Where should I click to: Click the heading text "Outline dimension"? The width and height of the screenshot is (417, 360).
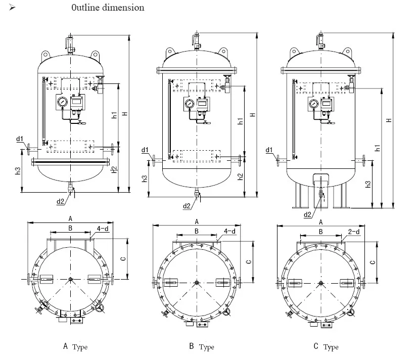(108, 8)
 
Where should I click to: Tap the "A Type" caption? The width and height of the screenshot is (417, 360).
(75, 347)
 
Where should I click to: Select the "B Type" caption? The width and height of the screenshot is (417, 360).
(201, 347)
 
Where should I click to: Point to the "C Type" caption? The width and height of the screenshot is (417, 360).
(326, 347)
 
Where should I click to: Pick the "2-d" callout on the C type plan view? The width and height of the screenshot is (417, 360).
(353, 232)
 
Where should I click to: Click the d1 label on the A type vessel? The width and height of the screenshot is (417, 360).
(20, 139)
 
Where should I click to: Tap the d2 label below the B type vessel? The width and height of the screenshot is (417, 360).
(188, 205)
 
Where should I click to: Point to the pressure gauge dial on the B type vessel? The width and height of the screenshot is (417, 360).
(189, 104)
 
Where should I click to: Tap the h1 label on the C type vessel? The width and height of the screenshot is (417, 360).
(377, 148)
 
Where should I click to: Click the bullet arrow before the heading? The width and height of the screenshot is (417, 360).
(13, 8)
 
